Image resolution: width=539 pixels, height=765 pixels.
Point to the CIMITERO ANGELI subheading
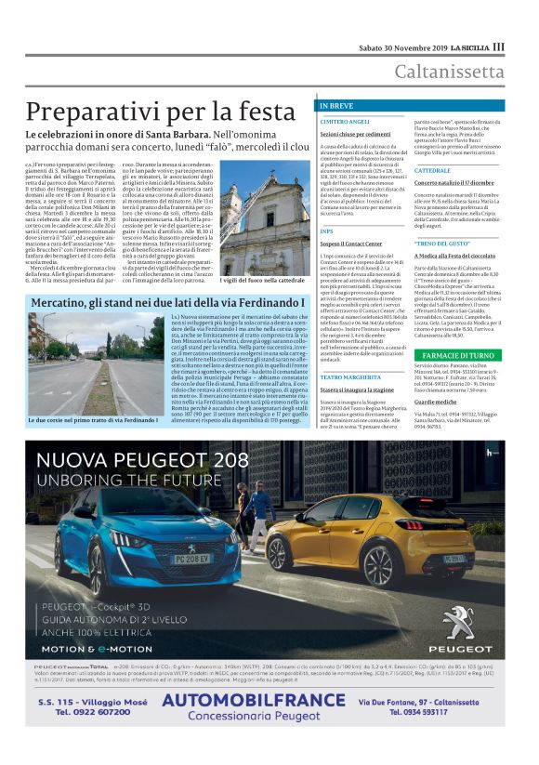pyautogui.click(x=345, y=122)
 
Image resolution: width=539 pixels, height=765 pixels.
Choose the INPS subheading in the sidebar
pyautogui.click(x=326, y=230)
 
